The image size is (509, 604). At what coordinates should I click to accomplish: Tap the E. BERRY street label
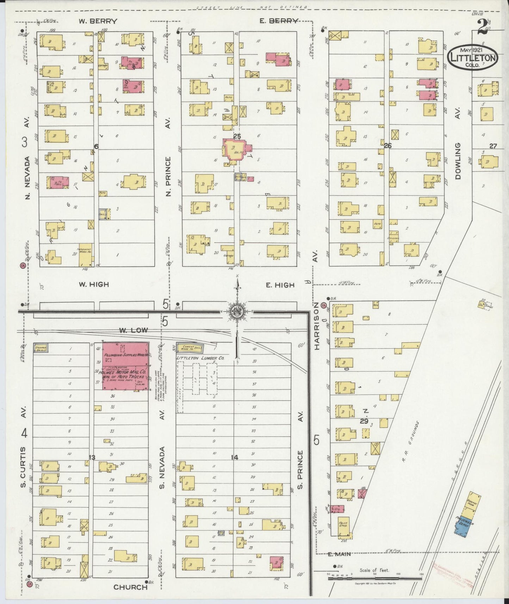click(279, 21)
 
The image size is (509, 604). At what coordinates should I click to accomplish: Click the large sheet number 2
click(483, 27)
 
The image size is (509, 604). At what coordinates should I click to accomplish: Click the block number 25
click(236, 135)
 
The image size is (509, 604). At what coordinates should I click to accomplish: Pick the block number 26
click(387, 145)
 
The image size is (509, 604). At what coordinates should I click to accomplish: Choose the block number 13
click(92, 457)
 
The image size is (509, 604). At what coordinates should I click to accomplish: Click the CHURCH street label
click(130, 587)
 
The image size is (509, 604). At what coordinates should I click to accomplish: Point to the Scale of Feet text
click(374, 570)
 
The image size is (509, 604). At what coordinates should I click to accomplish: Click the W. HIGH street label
click(93, 284)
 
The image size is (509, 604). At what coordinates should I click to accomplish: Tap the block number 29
click(364, 421)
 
